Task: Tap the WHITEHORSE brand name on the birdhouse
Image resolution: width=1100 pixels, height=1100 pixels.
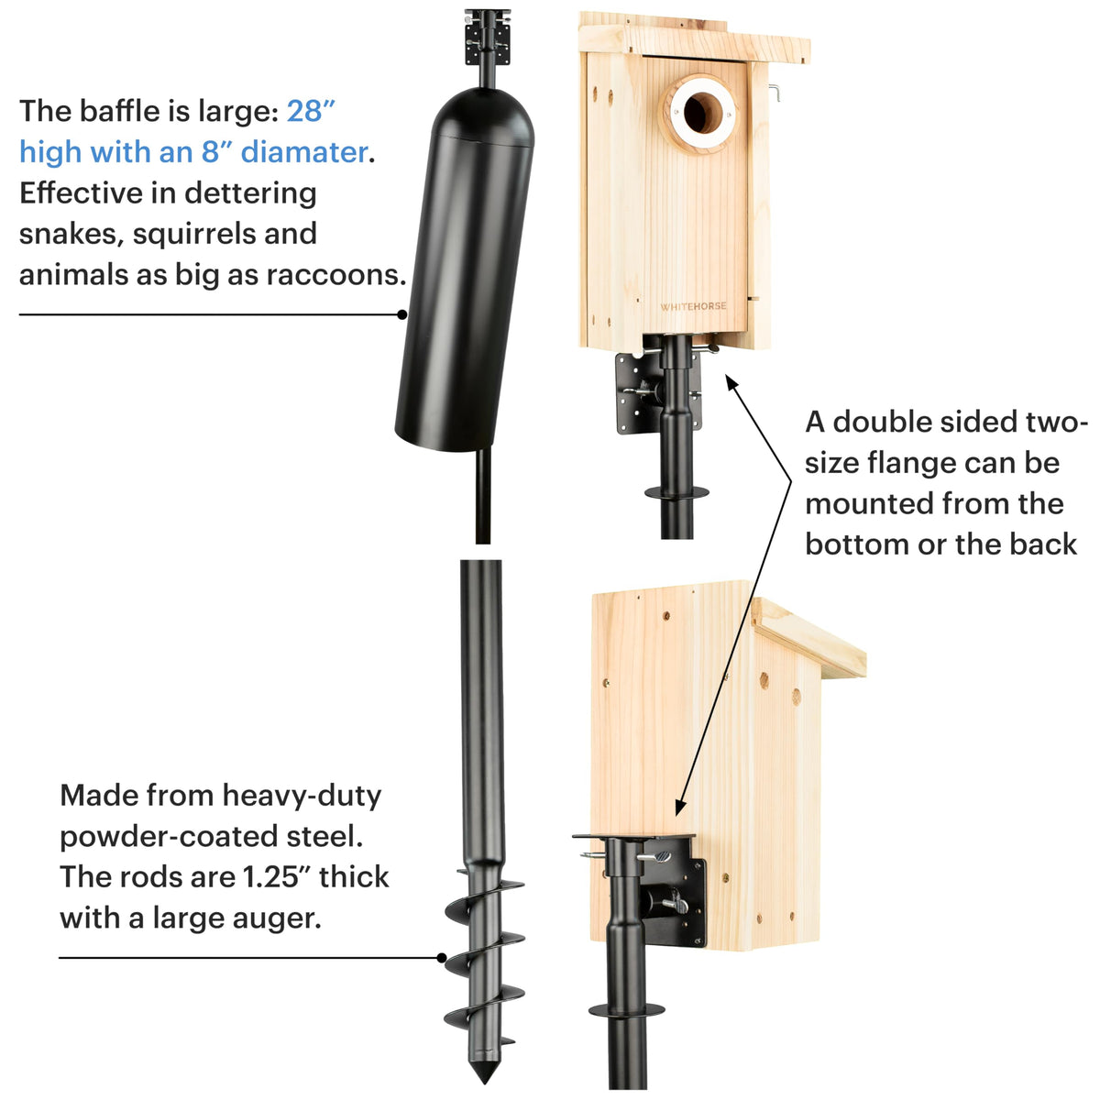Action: click(x=693, y=306)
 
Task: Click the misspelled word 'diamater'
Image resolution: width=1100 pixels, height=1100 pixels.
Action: click(x=303, y=152)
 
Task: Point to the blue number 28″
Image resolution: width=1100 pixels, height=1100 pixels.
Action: click(x=311, y=110)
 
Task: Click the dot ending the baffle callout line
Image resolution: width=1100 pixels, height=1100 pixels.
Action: click(x=402, y=314)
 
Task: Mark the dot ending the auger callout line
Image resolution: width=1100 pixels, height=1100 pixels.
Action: click(x=442, y=957)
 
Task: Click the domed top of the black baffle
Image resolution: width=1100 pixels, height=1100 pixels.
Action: click(x=484, y=115)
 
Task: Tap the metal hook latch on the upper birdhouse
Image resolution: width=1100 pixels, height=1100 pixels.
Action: click(x=774, y=93)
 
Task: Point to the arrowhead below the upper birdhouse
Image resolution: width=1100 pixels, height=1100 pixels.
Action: click(x=731, y=382)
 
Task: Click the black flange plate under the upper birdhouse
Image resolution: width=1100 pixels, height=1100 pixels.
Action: click(x=657, y=391)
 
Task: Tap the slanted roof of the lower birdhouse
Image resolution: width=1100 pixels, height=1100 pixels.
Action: click(x=808, y=638)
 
